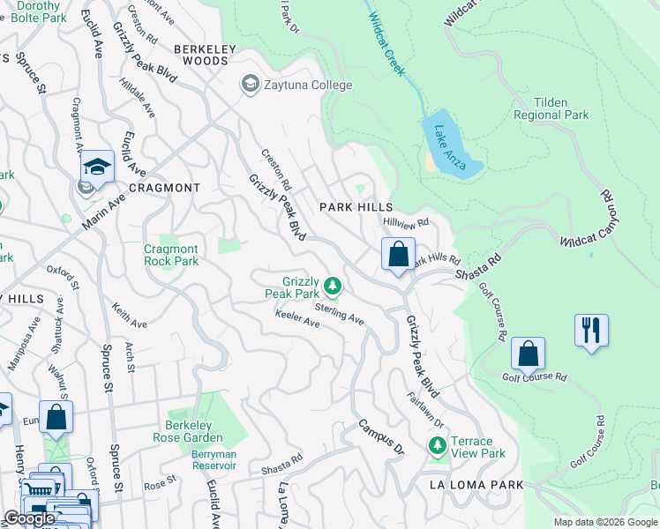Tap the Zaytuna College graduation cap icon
249,85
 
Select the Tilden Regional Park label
551,109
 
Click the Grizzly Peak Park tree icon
333,285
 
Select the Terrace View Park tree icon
436,447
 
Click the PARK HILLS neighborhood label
356,206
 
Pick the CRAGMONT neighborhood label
164,188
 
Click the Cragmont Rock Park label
171,256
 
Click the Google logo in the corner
29,518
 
